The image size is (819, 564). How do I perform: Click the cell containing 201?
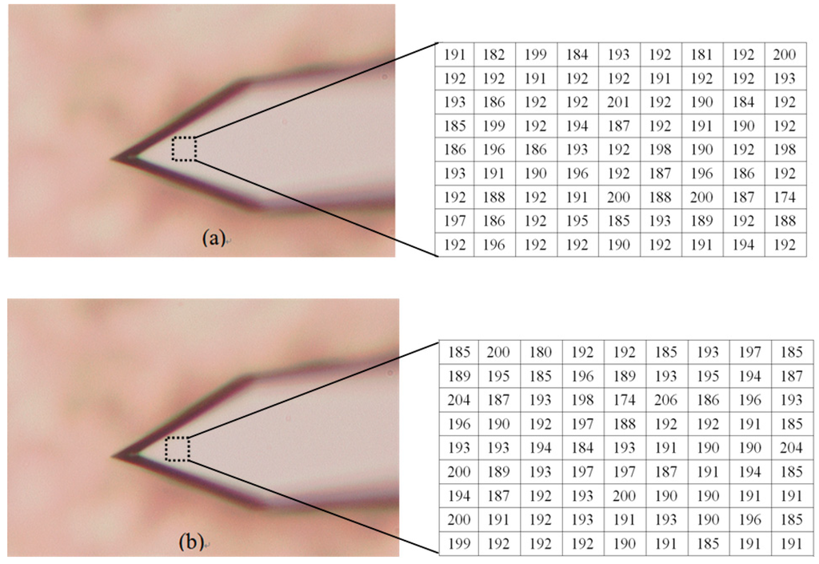(x=619, y=102)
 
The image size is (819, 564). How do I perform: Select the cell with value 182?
(x=494, y=55)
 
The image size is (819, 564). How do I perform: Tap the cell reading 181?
(x=702, y=55)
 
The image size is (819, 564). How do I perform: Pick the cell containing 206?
(x=666, y=400)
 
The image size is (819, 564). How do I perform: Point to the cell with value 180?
(x=541, y=351)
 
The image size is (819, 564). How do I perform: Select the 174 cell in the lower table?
(x=625, y=400)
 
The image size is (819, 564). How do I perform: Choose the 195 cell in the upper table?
(x=577, y=221)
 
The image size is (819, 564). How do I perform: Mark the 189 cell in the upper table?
(x=702, y=221)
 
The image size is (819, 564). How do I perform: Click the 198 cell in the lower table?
(x=583, y=400)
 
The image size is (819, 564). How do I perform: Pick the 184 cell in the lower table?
(x=583, y=448)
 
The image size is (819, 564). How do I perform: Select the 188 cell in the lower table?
(x=625, y=424)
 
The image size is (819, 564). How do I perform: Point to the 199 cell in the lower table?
(x=458, y=543)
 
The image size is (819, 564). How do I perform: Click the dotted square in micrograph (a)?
(x=184, y=149)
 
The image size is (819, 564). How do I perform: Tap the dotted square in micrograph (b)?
(x=178, y=449)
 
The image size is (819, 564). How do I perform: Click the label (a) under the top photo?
(x=213, y=237)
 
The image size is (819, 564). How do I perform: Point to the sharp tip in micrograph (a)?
(x=116, y=158)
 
